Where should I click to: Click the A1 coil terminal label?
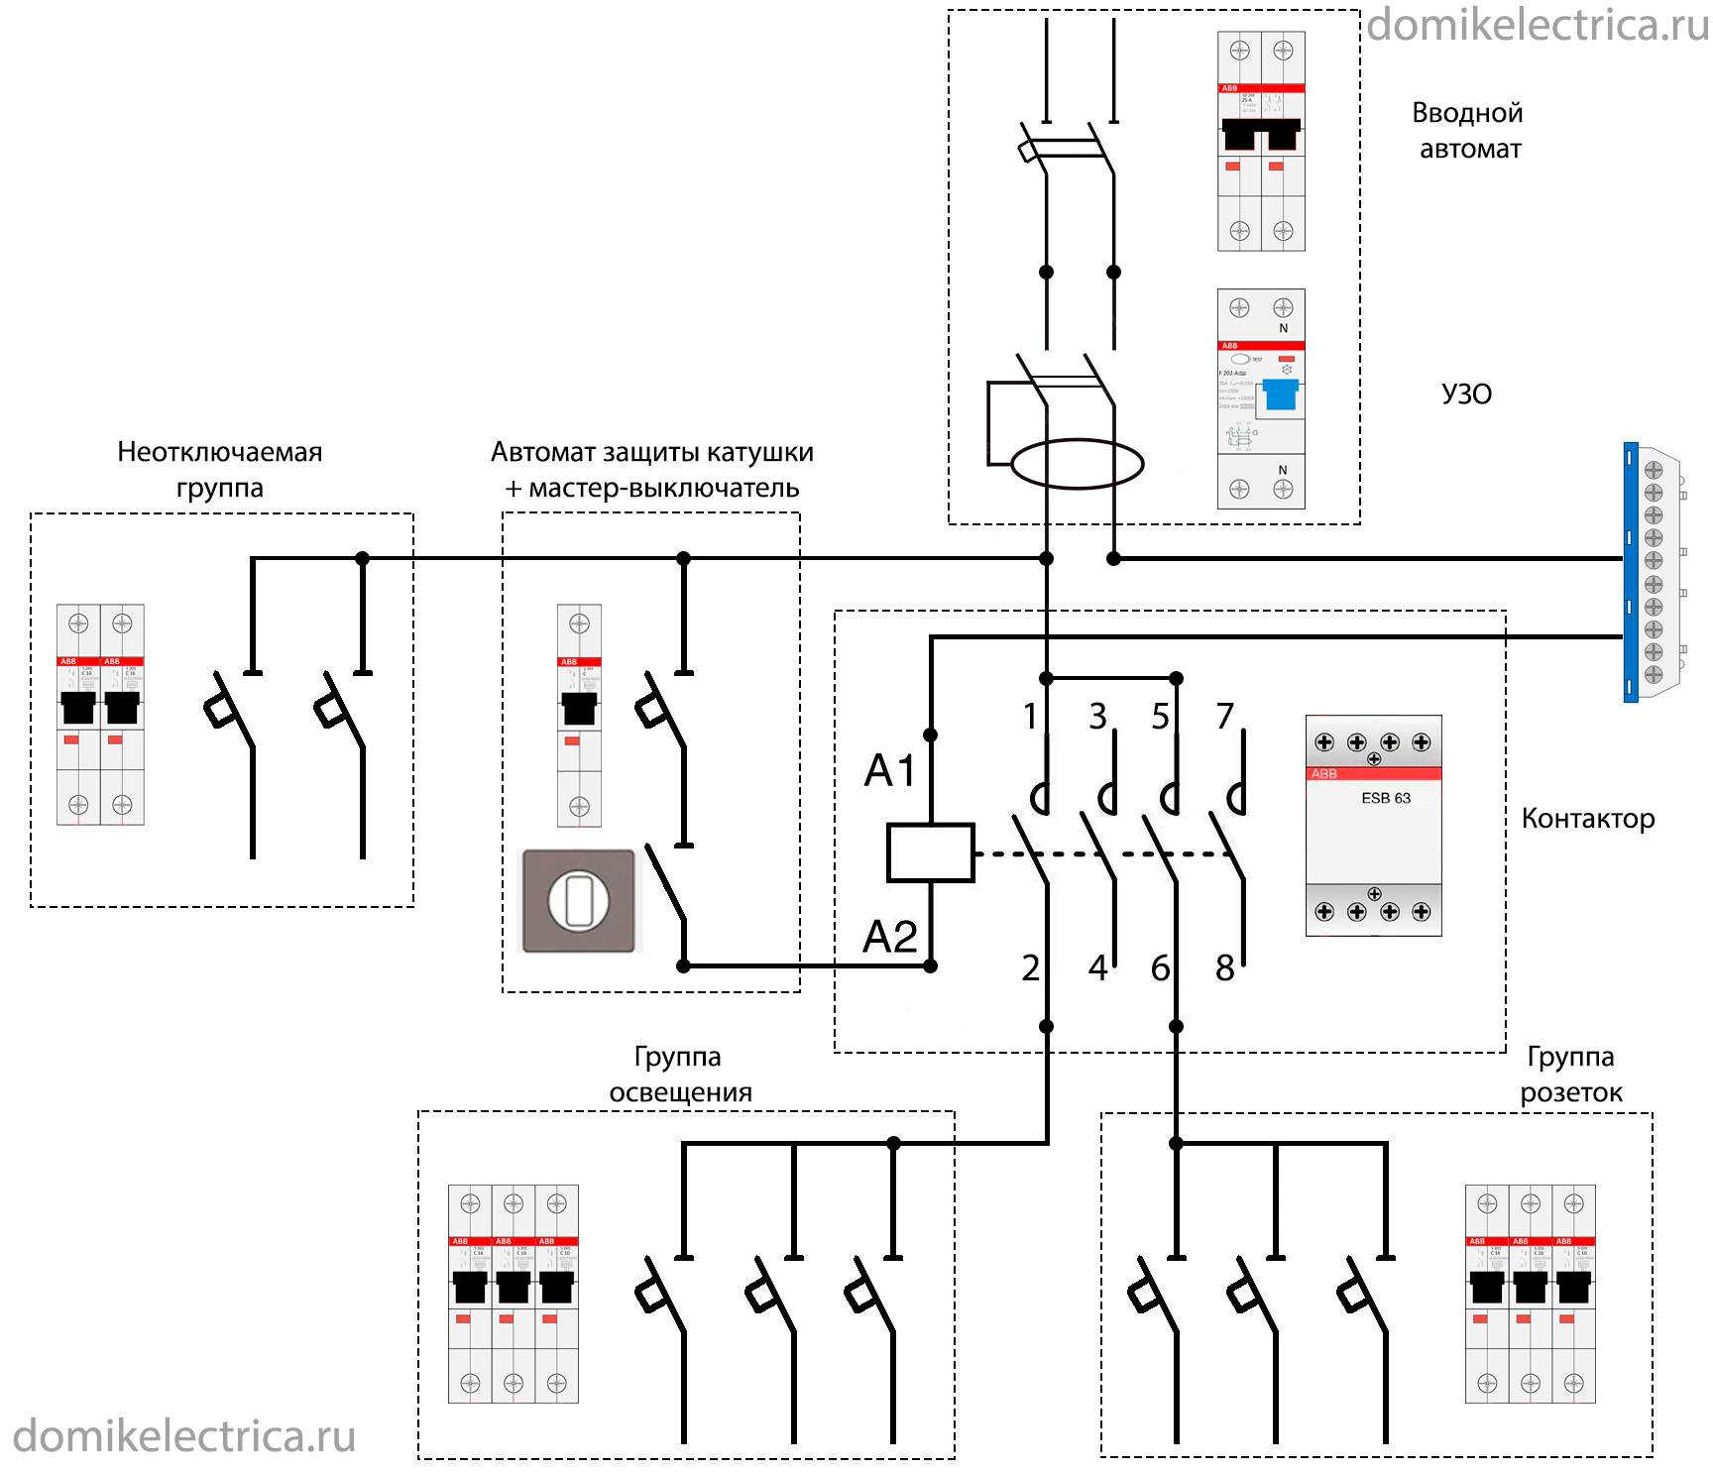point(890,770)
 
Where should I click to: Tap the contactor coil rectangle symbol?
point(930,852)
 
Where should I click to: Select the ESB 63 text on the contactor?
point(1385,798)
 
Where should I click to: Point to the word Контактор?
point(1587,819)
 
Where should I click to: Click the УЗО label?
point(1466,395)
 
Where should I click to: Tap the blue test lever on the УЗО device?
point(1281,395)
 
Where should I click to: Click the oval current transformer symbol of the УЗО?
point(1078,464)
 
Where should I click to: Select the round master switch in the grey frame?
point(578,901)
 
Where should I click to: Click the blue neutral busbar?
point(1631,573)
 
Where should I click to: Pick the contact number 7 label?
point(1225,716)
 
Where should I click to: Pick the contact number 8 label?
point(1225,968)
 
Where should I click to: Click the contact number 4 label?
point(1097,968)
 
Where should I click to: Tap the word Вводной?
point(1467,113)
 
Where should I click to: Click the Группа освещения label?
point(680,1075)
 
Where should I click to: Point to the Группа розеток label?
point(1571,1075)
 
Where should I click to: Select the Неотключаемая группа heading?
point(220,470)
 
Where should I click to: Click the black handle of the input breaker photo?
point(1261,134)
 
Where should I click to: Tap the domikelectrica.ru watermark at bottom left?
point(184,1436)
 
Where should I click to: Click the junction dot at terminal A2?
point(930,965)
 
